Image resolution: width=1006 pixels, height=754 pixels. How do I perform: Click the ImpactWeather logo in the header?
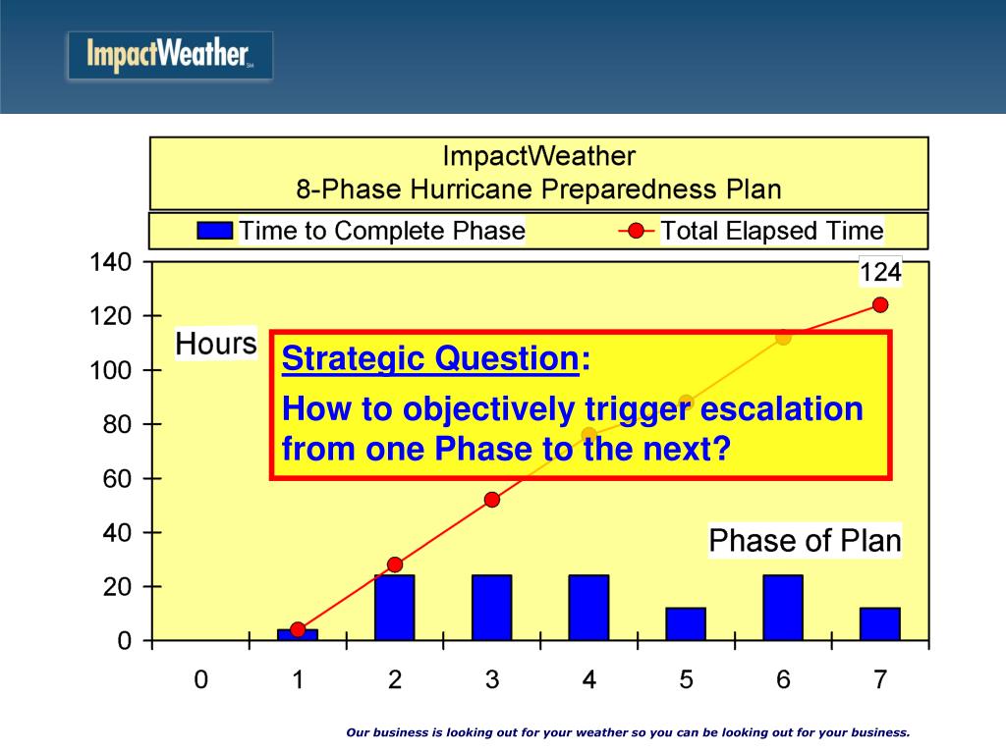tap(170, 56)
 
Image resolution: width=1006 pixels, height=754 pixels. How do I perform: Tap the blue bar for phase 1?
tap(298, 635)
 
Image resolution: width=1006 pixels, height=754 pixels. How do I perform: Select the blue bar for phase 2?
tap(395, 607)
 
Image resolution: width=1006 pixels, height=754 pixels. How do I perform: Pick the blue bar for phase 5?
tap(686, 623)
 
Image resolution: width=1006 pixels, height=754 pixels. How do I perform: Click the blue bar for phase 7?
tap(880, 623)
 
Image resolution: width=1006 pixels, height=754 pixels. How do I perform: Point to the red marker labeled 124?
tap(880, 305)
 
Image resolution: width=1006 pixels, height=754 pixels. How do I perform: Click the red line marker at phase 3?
tap(492, 500)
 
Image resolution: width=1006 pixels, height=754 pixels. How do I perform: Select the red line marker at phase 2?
tap(395, 565)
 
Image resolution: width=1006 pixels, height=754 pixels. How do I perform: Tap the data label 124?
tap(880, 272)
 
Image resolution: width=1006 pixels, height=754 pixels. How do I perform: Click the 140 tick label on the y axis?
tap(110, 262)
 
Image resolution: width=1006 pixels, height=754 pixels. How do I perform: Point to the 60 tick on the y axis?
tap(117, 479)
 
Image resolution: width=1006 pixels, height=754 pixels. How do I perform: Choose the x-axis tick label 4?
tap(589, 679)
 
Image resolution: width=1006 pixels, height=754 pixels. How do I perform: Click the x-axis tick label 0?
tap(200, 679)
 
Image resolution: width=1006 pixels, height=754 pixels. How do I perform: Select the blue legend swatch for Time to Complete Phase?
tap(215, 231)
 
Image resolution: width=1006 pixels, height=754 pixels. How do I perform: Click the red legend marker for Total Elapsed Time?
tap(636, 231)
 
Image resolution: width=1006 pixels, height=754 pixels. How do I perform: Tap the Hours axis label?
tap(216, 344)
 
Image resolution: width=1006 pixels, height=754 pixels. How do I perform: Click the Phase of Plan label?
tap(806, 541)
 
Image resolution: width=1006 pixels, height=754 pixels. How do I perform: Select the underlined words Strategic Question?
tap(430, 357)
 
